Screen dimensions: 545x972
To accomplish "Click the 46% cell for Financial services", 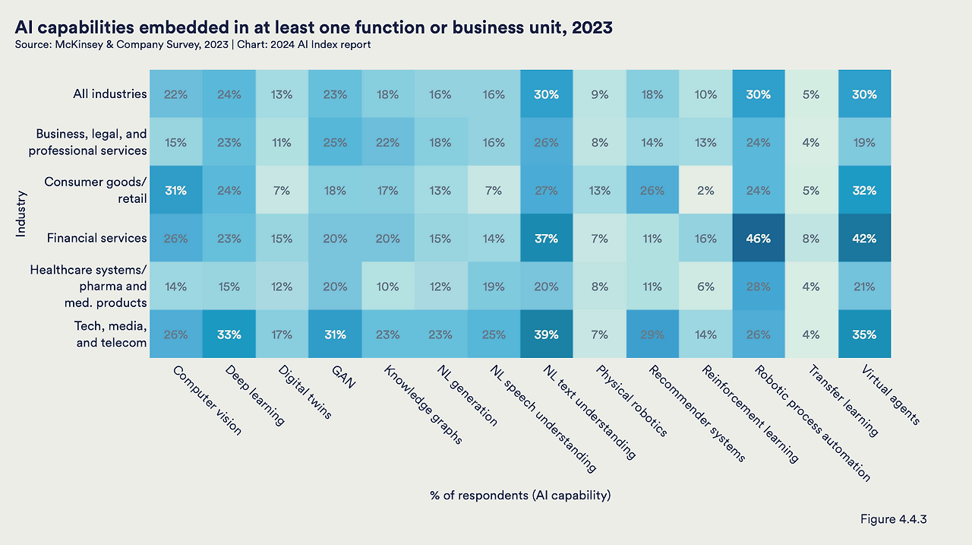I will point(759,238).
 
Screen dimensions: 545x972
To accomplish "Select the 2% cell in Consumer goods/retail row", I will point(705,190).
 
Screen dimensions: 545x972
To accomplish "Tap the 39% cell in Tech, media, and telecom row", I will point(546,334).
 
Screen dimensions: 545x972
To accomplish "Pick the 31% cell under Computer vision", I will point(175,190).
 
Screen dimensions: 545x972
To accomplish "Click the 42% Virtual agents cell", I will point(864,238).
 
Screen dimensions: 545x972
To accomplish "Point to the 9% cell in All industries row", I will point(599,95).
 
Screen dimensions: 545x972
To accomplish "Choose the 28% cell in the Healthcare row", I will point(759,286).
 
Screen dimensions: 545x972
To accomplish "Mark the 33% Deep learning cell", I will point(229,334).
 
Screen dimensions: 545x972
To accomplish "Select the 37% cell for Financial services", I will point(546,238).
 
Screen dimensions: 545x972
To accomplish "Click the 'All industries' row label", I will point(109,94).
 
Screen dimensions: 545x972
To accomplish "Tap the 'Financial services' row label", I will point(96,238).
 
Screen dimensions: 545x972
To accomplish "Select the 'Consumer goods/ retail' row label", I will point(95,190).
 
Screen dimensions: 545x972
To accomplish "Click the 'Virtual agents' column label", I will point(891,395).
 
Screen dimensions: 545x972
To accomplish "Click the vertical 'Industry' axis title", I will point(21,214).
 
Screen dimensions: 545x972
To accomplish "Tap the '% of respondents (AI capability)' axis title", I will point(520,496).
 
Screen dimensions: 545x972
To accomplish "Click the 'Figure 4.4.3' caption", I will point(893,519).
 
